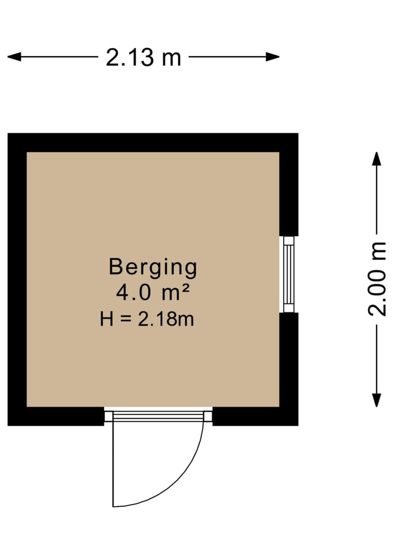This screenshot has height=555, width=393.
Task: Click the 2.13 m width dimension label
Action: tap(144, 57)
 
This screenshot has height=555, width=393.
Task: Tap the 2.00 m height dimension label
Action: tap(377, 279)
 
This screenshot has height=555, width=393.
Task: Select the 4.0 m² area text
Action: tap(153, 293)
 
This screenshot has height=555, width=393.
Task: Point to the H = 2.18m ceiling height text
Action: tap(147, 319)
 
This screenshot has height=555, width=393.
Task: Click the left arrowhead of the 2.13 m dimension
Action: tap(14, 57)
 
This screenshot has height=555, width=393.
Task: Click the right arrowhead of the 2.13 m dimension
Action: tap(272, 57)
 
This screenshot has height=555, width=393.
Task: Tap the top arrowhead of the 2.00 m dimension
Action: tap(377, 159)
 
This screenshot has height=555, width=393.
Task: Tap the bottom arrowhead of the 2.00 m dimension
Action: tap(377, 401)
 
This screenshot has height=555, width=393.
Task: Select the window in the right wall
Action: tap(289, 274)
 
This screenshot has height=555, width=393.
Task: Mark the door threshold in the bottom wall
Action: tap(158, 415)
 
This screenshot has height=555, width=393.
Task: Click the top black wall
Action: tap(153, 142)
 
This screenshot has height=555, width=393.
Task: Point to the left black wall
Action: tap(17, 279)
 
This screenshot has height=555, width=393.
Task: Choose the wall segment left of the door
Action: tap(56, 416)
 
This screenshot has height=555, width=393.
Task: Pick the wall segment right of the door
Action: tap(255, 416)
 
